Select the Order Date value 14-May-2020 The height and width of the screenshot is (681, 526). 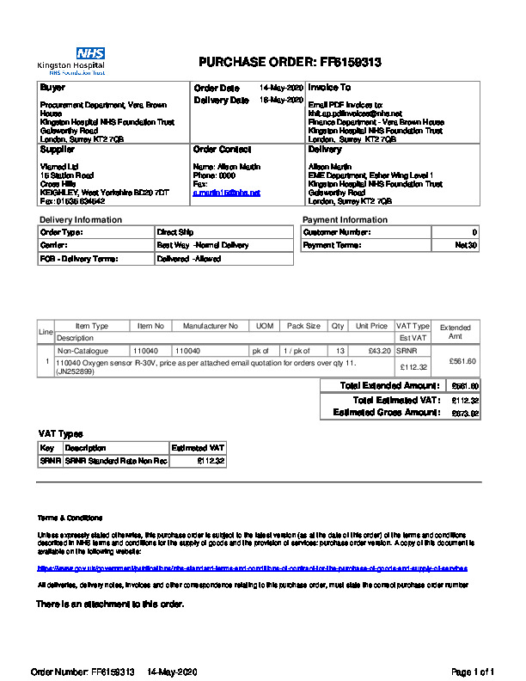point(282,88)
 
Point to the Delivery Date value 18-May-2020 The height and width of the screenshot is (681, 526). point(282,100)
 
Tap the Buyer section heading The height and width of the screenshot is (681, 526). point(52,88)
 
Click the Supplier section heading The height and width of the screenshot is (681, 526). point(58,150)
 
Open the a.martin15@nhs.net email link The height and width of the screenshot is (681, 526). point(227,193)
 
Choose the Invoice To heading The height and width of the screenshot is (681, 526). point(329,88)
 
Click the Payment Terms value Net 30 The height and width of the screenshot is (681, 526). point(466,245)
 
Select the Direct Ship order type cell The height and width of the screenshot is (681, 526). point(174,232)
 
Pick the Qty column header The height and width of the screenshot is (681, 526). point(338,326)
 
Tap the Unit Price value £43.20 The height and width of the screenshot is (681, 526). point(379,351)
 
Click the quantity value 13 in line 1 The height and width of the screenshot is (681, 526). point(340,351)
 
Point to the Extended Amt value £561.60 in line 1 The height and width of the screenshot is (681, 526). point(462,361)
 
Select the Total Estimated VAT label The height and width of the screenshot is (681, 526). point(396,400)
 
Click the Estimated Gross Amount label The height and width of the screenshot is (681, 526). point(386,413)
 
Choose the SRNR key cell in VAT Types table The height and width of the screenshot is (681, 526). point(50,461)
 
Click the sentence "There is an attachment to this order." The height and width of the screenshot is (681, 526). point(110,604)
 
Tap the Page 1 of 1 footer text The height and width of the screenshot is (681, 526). point(473,671)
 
